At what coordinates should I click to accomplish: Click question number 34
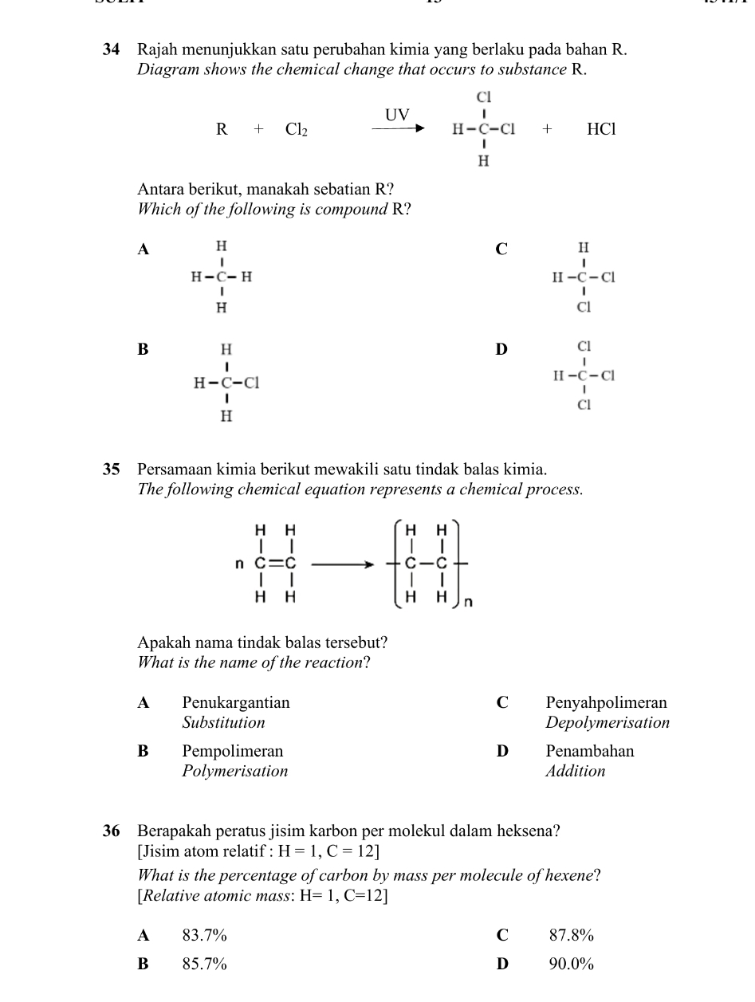[x=112, y=50]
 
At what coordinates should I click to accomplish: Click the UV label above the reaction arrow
[x=397, y=116]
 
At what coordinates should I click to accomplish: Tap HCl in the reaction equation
[x=601, y=129]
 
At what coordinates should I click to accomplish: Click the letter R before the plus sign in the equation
[x=222, y=130]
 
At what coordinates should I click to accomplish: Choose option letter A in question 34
[x=144, y=250]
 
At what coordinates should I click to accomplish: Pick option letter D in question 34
[x=501, y=348]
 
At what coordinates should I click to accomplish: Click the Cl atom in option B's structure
[x=252, y=383]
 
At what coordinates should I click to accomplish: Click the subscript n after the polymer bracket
[x=468, y=603]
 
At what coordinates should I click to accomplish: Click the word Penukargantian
[x=236, y=703]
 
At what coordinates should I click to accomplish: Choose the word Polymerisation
[x=234, y=771]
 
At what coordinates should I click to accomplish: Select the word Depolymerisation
[x=608, y=723]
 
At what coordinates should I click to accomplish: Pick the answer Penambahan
[x=590, y=751]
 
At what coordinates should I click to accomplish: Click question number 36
[x=112, y=831]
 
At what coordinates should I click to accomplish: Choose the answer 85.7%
[x=204, y=964]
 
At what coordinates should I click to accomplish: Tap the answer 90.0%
[x=572, y=964]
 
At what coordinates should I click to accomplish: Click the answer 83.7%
[x=204, y=935]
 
